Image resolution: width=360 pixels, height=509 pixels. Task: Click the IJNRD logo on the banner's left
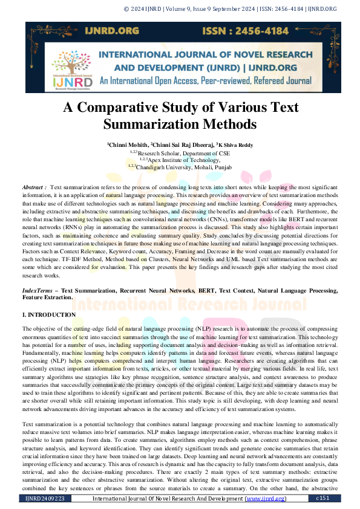coord(71,71)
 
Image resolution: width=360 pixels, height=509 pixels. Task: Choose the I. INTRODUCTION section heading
coord(49,315)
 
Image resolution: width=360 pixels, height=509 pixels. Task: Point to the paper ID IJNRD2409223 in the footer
coord(44,499)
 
